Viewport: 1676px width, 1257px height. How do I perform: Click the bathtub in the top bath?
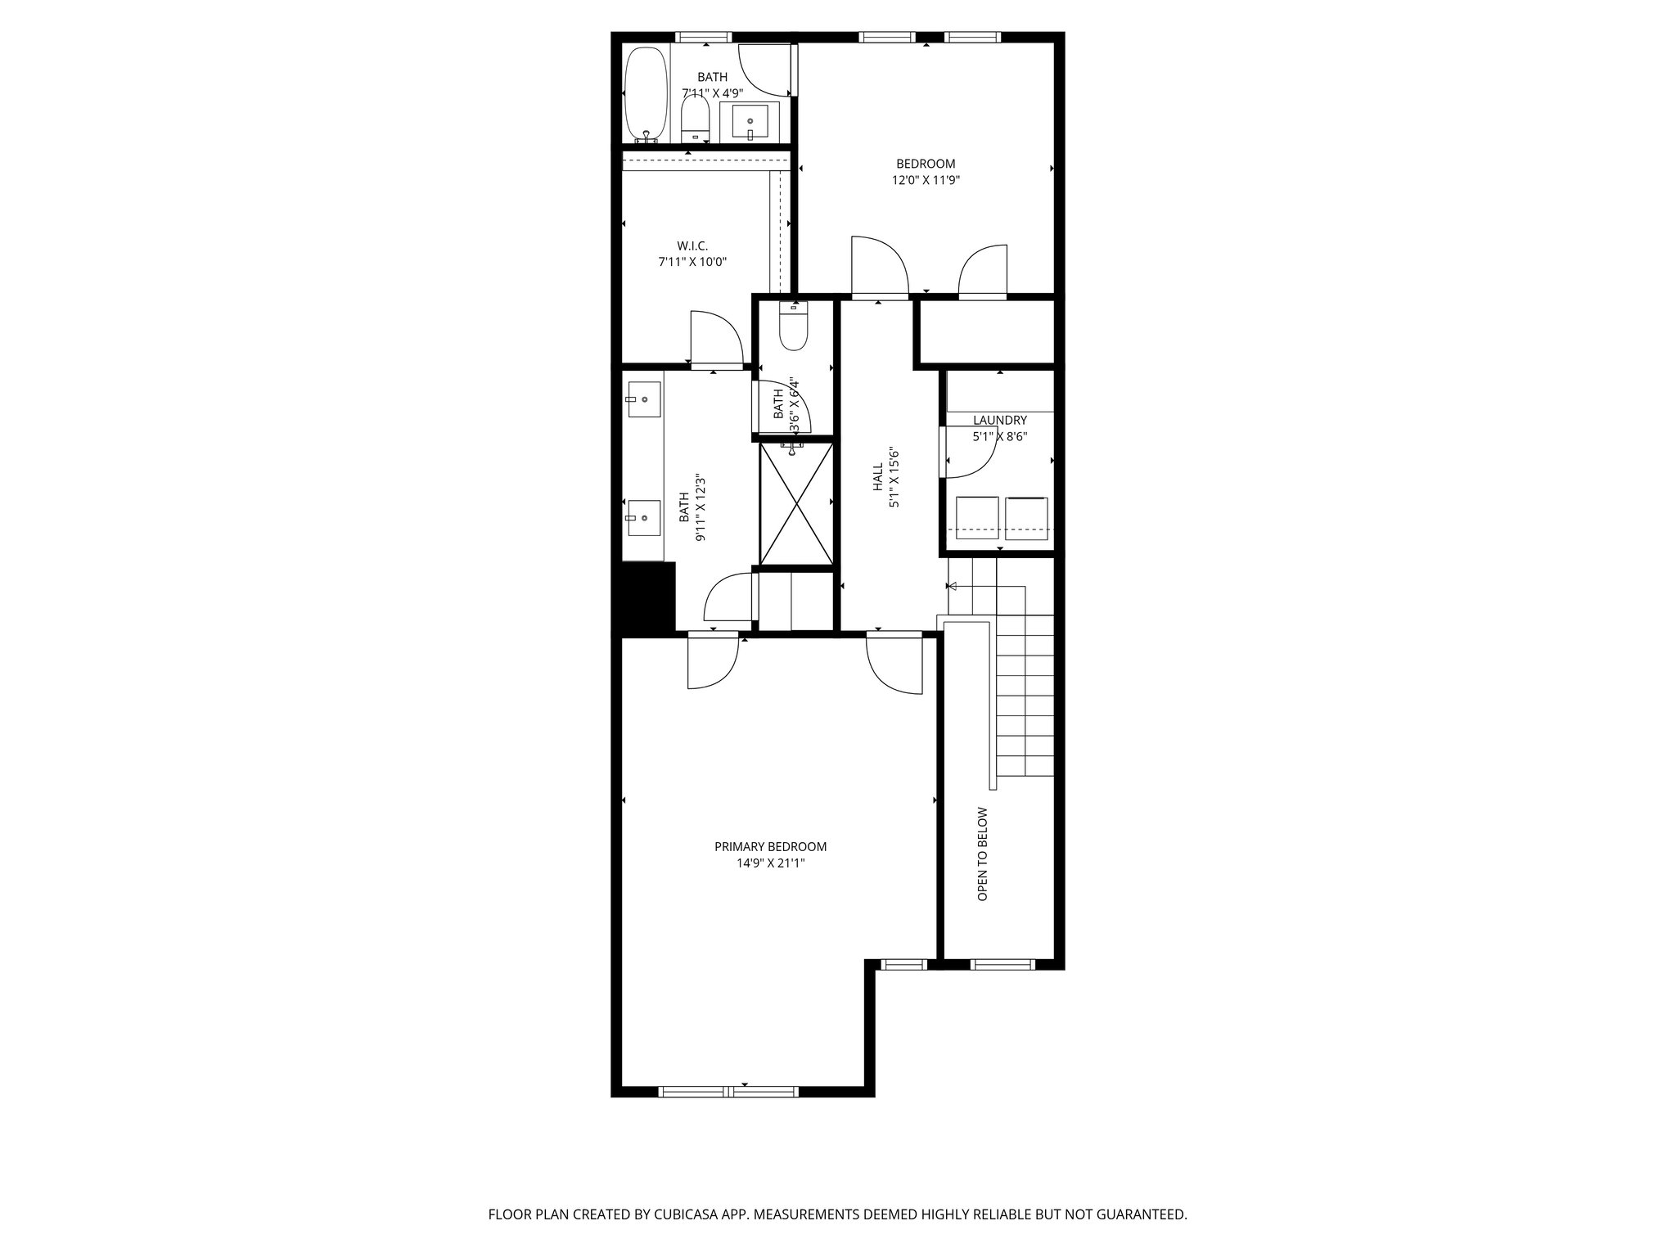click(x=647, y=96)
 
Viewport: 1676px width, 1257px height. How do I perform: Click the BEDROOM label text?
click(x=926, y=164)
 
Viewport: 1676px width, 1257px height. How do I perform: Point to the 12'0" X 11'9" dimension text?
click(x=926, y=181)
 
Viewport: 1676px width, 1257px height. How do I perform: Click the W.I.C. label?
click(x=692, y=246)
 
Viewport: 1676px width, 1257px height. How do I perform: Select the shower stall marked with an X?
click(x=795, y=502)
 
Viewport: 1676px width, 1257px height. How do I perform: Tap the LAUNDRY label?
click(x=1000, y=421)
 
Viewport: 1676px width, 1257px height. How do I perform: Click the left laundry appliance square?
click(x=973, y=518)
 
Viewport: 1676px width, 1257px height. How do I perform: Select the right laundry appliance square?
click(x=1026, y=518)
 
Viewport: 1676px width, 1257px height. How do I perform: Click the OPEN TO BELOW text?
click(x=983, y=854)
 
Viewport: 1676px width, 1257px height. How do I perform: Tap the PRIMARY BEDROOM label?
click(x=770, y=847)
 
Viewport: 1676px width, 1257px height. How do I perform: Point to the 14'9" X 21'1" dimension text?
click(x=770, y=863)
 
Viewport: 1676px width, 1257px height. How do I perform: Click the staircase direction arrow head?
click(x=952, y=586)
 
